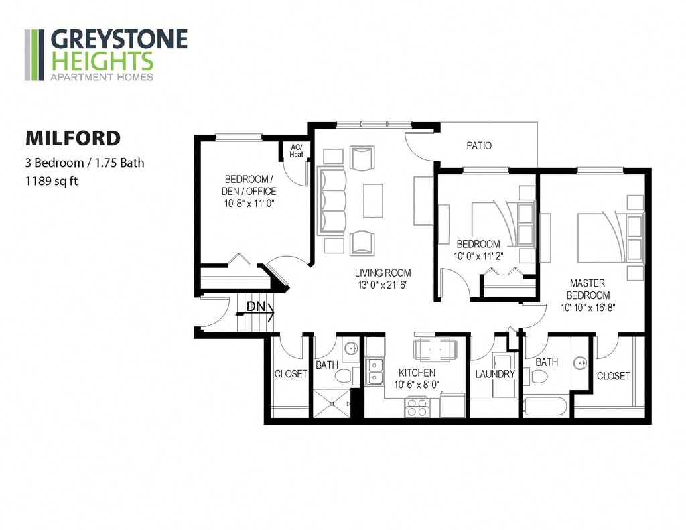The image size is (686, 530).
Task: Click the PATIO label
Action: click(x=479, y=145)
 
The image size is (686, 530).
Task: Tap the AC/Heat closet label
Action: click(x=296, y=151)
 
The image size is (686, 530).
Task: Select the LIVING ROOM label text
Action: click(x=383, y=273)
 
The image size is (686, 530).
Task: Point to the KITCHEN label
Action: click(x=417, y=373)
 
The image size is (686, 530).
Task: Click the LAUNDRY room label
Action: click(x=495, y=374)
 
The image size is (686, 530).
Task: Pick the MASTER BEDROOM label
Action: click(x=588, y=289)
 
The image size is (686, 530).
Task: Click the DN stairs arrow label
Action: click(x=255, y=307)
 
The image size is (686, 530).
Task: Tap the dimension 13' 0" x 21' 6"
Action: click(x=383, y=285)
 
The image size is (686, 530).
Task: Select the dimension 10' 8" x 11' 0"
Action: click(x=250, y=203)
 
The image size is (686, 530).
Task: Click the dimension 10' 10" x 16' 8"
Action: click(x=588, y=308)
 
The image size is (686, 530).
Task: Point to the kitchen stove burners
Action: click(x=417, y=407)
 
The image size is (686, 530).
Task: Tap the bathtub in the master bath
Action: click(x=547, y=407)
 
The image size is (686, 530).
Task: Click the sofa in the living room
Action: click(x=330, y=201)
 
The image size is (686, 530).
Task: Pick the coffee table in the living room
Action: click(x=373, y=200)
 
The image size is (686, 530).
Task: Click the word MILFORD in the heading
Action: click(x=73, y=138)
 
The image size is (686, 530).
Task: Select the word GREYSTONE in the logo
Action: click(x=119, y=40)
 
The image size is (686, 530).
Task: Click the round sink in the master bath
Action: click(x=579, y=364)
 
